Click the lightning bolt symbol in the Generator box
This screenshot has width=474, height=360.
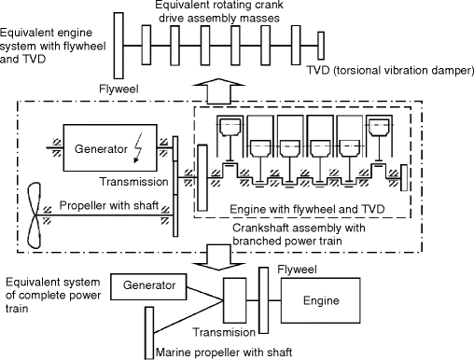click(137, 148)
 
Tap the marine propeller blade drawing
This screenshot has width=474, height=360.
click(35, 215)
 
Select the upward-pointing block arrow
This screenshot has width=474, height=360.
click(219, 90)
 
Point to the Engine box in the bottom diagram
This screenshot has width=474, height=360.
click(321, 300)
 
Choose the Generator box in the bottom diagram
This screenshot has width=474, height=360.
click(148, 286)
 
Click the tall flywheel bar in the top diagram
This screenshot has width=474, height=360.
click(118, 46)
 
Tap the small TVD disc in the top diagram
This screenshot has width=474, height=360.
click(321, 46)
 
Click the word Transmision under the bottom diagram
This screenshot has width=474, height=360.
click(224, 332)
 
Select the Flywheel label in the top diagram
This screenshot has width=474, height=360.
click(118, 90)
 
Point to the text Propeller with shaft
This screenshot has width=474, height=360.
click(109, 205)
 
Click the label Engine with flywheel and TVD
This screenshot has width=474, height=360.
click(307, 209)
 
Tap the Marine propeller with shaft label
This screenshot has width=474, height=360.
click(224, 353)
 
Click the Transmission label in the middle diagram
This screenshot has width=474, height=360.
click(133, 182)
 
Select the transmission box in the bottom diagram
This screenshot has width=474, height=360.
click(235, 300)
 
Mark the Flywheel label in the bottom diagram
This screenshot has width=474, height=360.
click(297, 270)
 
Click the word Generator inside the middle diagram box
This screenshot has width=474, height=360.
click(101, 149)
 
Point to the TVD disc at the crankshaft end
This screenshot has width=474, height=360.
click(404, 177)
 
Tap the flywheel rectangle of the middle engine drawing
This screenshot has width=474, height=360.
click(202, 178)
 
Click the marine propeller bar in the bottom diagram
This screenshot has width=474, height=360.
click(149, 333)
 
